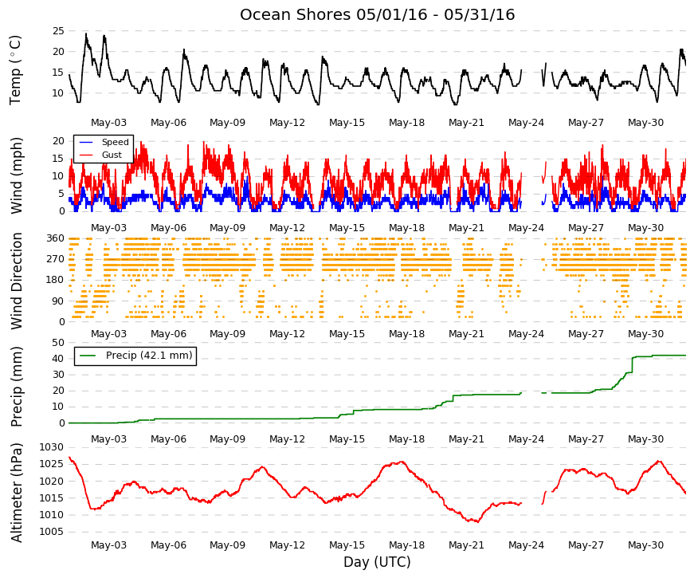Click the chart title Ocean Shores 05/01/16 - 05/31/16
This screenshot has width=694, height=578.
(377, 14)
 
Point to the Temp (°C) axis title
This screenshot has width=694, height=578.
(15, 70)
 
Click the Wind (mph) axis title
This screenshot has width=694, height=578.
(16, 176)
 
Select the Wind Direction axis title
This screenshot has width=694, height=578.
(17, 281)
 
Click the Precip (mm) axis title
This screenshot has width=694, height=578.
(16, 387)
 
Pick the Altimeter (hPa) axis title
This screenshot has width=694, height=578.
(16, 492)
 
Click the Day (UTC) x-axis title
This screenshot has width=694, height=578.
(377, 562)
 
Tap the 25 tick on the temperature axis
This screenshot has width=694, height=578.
(58, 31)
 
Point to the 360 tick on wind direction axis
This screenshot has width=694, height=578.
(56, 238)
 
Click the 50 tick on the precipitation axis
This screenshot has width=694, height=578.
(58, 343)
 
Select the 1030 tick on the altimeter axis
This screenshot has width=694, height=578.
(52, 447)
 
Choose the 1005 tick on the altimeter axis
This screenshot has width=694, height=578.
(52, 532)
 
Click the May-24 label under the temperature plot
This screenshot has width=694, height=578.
(526, 123)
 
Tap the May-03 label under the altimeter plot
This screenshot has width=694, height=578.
(108, 545)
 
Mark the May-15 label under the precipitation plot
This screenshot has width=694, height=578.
(347, 439)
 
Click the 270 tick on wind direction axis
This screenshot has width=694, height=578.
(56, 259)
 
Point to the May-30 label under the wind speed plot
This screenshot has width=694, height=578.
(645, 228)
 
